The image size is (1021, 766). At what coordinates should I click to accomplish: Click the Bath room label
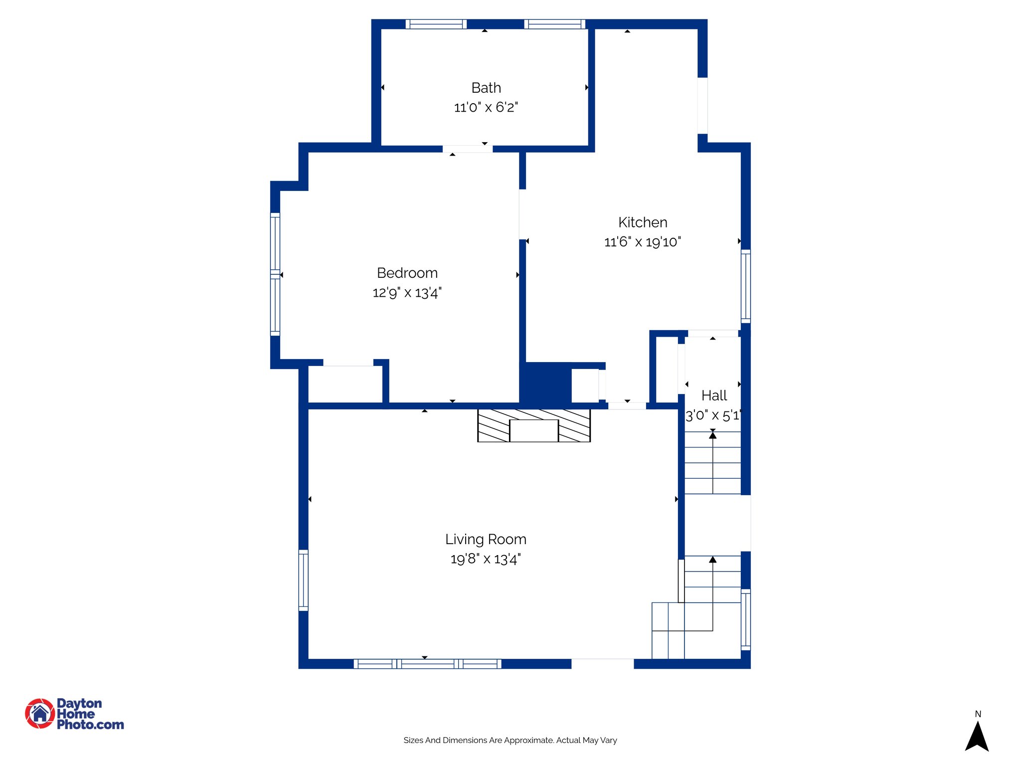[x=486, y=88]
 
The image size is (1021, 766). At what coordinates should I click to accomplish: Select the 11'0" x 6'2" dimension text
[x=486, y=107]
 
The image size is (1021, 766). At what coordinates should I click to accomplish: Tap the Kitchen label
[x=643, y=222]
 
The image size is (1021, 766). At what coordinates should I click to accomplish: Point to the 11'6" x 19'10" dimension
[x=643, y=242]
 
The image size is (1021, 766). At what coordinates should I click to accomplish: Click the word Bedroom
[x=407, y=273]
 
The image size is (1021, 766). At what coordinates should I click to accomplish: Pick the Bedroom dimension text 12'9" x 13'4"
[x=407, y=293]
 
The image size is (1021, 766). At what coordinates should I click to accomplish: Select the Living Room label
[x=486, y=540]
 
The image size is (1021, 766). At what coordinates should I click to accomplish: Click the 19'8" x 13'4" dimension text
[x=486, y=559]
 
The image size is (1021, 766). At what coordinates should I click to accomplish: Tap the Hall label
[x=714, y=396]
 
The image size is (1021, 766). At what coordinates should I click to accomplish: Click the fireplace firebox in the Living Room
[x=533, y=430]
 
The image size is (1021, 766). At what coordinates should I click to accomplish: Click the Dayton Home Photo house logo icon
[x=40, y=713]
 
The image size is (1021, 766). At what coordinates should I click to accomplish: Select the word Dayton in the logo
[x=79, y=703]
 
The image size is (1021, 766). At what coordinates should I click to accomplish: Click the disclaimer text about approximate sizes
[x=510, y=740]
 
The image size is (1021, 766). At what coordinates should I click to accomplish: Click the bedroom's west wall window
[x=275, y=274]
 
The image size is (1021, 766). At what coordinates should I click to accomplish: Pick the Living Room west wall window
[x=303, y=580]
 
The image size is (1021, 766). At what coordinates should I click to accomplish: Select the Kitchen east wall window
[x=745, y=286]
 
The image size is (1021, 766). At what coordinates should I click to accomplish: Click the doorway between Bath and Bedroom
[x=467, y=149]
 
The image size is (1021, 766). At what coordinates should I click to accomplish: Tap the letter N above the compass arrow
[x=978, y=714]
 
